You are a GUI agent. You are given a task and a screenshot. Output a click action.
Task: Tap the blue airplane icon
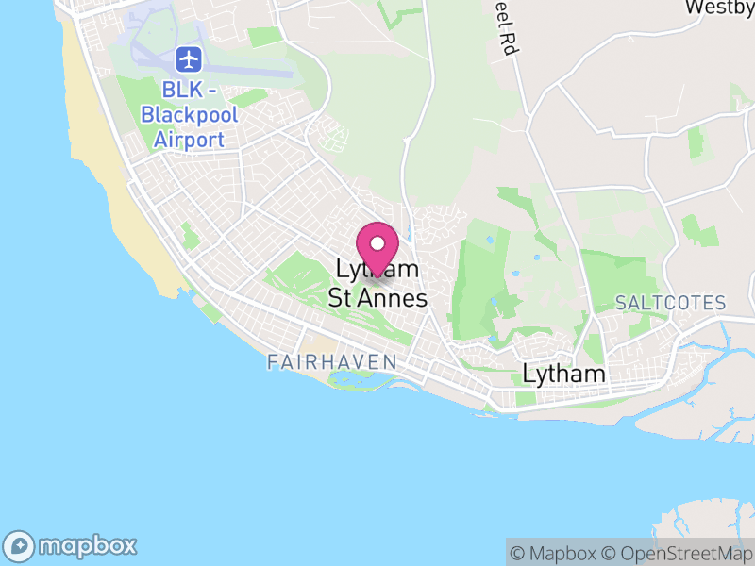coord(190,59)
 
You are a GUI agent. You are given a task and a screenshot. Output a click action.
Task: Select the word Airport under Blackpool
coord(190,140)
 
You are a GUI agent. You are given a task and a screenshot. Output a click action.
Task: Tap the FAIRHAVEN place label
coord(331,362)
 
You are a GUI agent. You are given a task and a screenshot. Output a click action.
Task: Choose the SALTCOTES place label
coord(670,304)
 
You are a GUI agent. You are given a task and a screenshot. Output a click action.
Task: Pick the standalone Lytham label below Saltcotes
coord(563,375)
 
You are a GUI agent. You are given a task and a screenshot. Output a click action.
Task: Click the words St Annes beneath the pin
coord(377,299)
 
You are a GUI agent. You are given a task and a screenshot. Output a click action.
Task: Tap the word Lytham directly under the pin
coord(377,270)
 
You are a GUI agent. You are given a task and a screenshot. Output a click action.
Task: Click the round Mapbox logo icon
coord(21,545)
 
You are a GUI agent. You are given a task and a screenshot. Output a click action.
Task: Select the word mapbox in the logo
coord(87,545)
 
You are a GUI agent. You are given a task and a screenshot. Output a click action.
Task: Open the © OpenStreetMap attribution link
coord(677,553)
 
